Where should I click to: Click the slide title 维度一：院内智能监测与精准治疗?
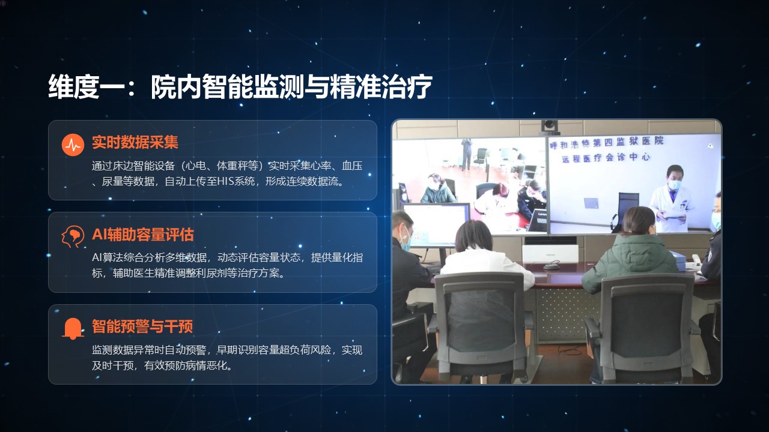click(240, 87)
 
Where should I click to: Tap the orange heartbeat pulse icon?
click(73, 145)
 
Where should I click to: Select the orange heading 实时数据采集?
click(135, 142)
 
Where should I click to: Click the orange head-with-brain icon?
click(73, 236)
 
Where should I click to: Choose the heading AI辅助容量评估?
click(143, 235)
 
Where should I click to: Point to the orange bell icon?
click(73, 328)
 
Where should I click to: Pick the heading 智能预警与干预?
click(142, 326)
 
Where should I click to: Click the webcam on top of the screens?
click(549, 126)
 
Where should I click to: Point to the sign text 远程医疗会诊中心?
click(606, 158)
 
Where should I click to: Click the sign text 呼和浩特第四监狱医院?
click(607, 143)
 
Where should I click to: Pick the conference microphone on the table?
click(551, 265)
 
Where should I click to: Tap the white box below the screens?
click(550, 253)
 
